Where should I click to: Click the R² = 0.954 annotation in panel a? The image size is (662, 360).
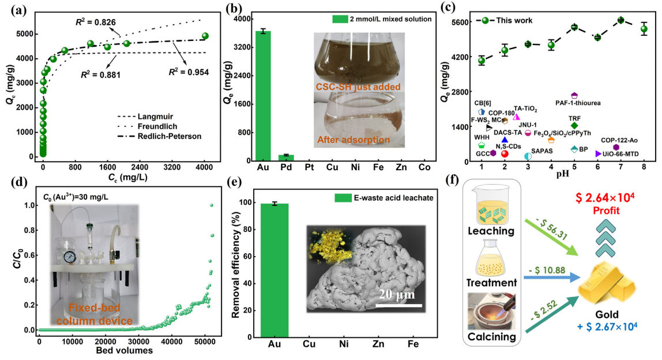[189, 73]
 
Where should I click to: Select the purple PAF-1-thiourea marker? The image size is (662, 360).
[574, 95]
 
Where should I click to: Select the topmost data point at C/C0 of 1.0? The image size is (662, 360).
[212, 205]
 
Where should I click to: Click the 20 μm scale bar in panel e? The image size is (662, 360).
[401, 305]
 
